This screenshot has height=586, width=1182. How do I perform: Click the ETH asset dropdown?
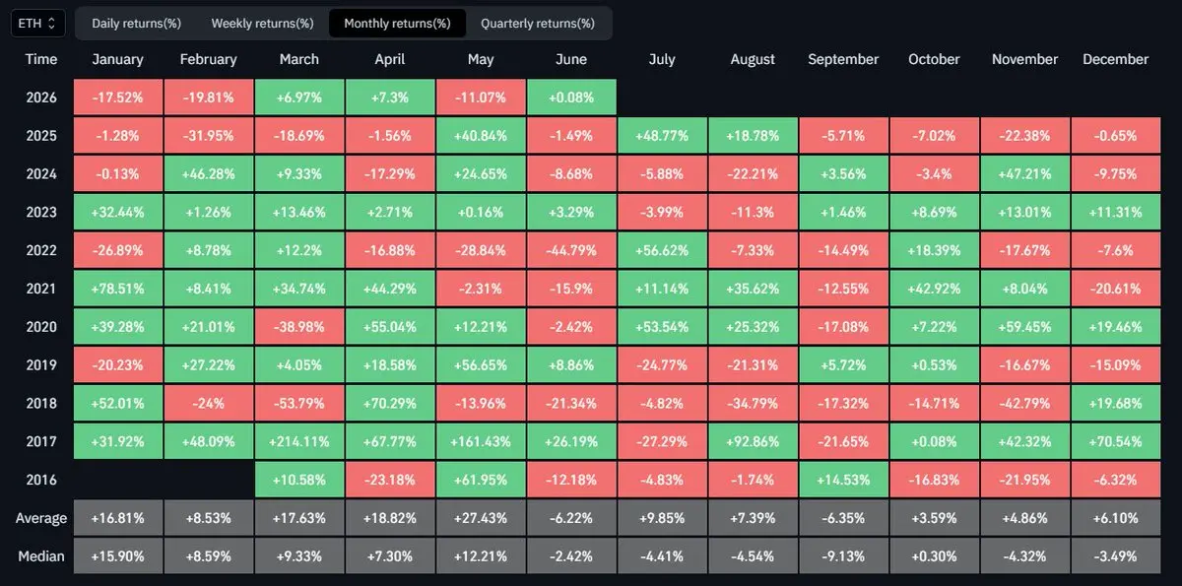[x=37, y=24]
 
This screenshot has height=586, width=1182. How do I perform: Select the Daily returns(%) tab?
[x=136, y=24]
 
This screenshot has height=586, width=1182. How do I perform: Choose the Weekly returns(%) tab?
[x=262, y=24]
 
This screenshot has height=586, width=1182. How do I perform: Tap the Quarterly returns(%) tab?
[x=537, y=24]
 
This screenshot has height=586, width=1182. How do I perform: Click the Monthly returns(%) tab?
[x=397, y=24]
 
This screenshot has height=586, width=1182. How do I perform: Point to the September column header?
[x=843, y=59]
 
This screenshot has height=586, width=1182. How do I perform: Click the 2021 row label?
[x=40, y=289]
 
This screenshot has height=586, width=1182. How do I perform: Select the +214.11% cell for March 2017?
[x=299, y=441]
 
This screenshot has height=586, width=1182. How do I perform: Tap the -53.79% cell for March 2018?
[x=299, y=403]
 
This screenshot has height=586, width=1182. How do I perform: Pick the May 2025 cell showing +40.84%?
[x=481, y=136]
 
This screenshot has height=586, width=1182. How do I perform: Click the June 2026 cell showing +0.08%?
[x=571, y=98]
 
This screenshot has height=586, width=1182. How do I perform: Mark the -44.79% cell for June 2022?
[x=571, y=250]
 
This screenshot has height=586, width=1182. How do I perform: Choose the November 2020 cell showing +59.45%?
[x=1024, y=327]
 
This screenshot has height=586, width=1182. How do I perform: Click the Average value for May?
[x=481, y=518]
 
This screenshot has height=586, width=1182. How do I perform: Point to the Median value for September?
[x=843, y=555]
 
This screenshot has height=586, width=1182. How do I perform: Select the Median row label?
[x=41, y=555]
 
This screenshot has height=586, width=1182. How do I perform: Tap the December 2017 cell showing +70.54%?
[x=1115, y=441]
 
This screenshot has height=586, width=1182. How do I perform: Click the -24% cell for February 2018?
[x=209, y=403]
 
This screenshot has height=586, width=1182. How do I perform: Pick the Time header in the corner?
[x=41, y=59]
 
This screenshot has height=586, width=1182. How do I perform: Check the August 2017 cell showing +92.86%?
[x=753, y=441]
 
